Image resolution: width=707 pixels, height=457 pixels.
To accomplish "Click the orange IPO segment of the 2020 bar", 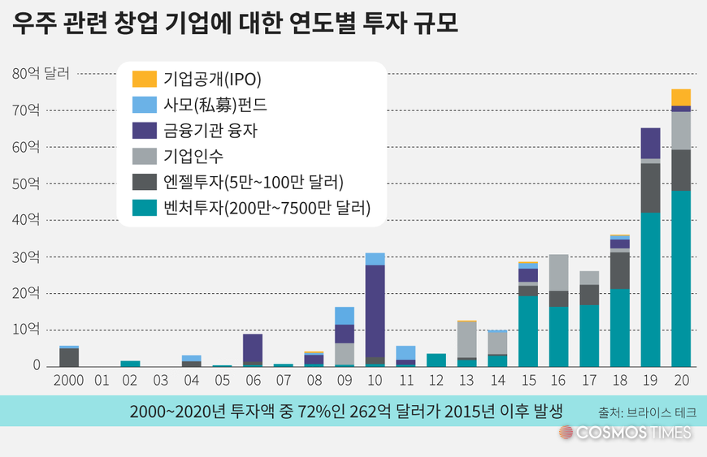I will (681, 97).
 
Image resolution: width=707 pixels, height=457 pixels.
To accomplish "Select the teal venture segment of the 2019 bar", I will (650, 288).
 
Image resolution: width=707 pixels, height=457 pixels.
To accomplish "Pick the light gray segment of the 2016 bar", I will (558, 272).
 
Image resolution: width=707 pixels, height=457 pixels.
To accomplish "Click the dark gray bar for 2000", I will (69, 357).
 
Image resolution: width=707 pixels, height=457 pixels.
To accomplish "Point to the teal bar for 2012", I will (436, 360).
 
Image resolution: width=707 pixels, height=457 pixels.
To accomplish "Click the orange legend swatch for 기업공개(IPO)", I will (144, 79).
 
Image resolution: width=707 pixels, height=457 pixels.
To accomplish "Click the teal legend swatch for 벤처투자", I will (144, 208).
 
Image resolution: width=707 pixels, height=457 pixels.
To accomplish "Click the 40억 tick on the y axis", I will (26, 220).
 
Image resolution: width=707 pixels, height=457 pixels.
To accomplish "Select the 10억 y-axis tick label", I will (26, 330).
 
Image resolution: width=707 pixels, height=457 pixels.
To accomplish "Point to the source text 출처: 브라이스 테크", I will (646, 412).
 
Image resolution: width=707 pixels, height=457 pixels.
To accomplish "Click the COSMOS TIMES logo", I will (626, 433).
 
